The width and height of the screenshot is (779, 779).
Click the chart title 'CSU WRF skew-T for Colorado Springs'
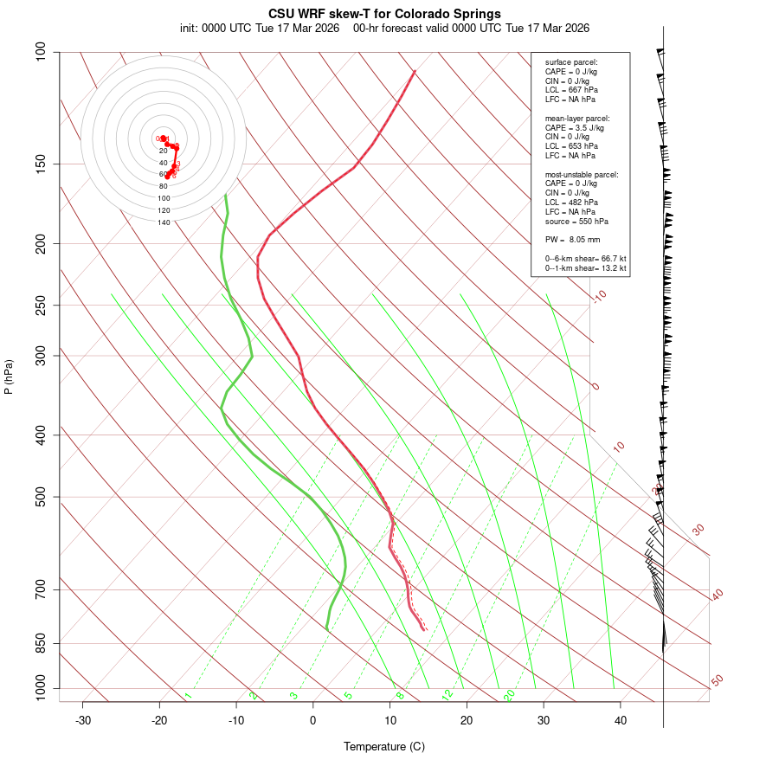pos(384,14)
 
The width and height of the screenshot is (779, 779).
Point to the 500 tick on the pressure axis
pos(42,497)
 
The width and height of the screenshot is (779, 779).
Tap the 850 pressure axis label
pos(42,643)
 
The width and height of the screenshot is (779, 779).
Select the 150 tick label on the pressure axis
pos(42,164)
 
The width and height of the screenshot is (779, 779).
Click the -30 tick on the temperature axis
pos(83,720)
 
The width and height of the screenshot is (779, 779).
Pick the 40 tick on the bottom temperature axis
pos(621,720)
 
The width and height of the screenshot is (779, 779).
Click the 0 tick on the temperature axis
pos(313,720)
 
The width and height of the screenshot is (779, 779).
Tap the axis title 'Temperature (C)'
pos(384,746)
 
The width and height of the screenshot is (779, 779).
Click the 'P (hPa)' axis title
pos(9,377)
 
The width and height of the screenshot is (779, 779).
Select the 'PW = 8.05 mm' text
pos(572,240)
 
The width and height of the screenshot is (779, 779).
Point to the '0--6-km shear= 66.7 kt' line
pos(585,259)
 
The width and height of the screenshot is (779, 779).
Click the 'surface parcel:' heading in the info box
pos(571,62)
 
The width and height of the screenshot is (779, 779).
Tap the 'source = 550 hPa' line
pos(576,222)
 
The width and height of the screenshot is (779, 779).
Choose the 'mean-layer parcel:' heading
pos(577,118)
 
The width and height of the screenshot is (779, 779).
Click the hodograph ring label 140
pos(164,222)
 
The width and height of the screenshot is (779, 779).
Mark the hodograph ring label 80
pos(164,186)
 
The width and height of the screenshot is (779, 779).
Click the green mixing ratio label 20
pos(510,694)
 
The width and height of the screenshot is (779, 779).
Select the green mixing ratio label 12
pos(447,694)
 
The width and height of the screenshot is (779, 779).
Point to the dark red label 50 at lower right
pos(717,681)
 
